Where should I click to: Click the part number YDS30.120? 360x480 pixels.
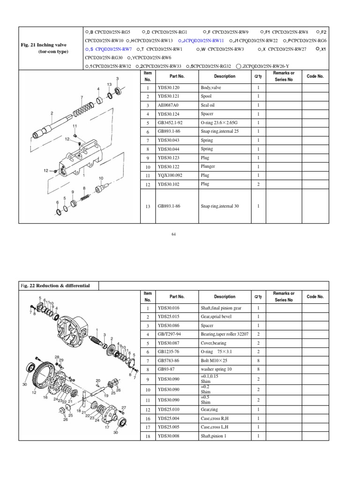(169, 88)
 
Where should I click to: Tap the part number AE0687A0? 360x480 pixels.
(169, 105)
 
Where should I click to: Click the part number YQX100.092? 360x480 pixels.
(171, 175)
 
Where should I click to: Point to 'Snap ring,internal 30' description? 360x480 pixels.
(220, 206)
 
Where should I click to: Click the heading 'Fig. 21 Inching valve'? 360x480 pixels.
(44, 45)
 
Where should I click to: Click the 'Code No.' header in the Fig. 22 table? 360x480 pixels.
(315, 296)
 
